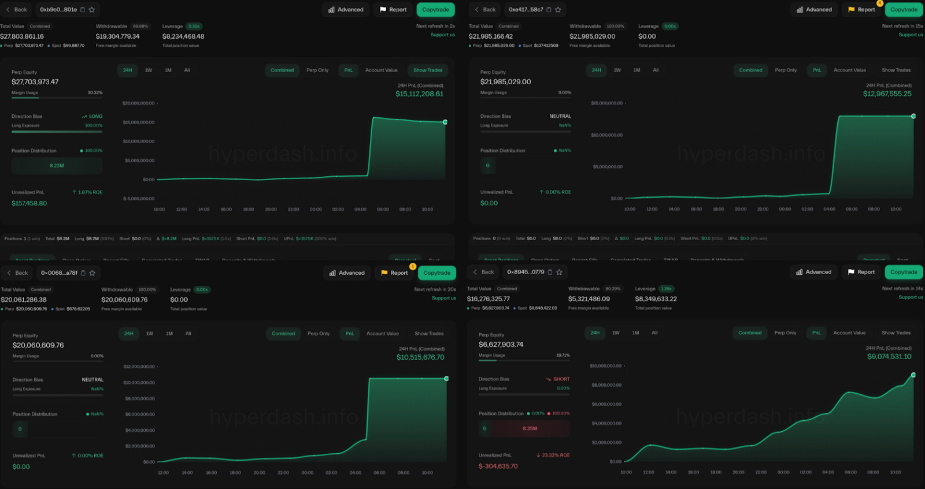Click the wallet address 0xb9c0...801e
[58, 10]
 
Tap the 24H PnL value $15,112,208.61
[419, 94]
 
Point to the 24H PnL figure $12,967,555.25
[887, 94]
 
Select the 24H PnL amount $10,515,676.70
[420, 357]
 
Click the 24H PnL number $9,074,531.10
[889, 357]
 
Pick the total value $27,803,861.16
[22, 36]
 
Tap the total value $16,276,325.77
[489, 299]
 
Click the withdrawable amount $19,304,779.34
[118, 36]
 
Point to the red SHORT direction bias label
[561, 379]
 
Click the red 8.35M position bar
[530, 428]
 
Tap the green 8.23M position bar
[57, 166]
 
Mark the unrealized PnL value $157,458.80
[29, 203]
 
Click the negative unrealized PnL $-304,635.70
[498, 466]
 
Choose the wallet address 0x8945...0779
[526, 272]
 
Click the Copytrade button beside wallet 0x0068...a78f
[436, 273]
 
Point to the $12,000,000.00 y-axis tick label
[139, 367]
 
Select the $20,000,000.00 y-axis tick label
[138, 103]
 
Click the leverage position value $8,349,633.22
[656, 299]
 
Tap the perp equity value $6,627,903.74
[501, 345]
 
